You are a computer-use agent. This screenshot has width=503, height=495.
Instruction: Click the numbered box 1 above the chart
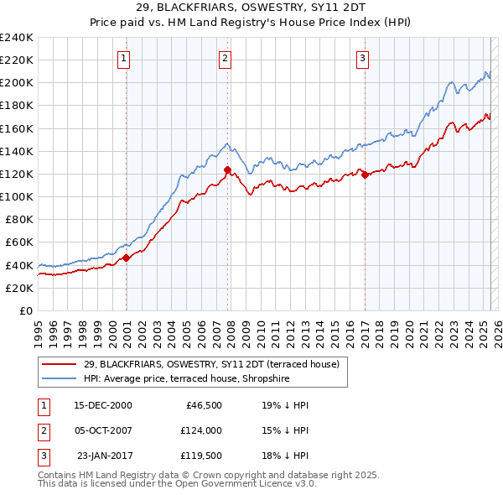click(x=123, y=58)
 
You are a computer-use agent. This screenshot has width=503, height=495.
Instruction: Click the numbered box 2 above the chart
click(x=226, y=58)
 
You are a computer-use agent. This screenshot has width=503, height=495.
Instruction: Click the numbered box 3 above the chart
click(x=362, y=58)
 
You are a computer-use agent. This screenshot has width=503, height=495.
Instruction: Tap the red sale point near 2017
click(x=365, y=175)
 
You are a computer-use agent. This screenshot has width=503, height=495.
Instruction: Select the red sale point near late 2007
click(x=227, y=169)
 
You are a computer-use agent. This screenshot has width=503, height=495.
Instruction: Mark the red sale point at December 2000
click(x=127, y=258)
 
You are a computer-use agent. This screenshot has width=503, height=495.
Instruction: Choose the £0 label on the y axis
click(x=26, y=310)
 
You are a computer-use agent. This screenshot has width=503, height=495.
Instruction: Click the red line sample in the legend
click(x=59, y=364)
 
